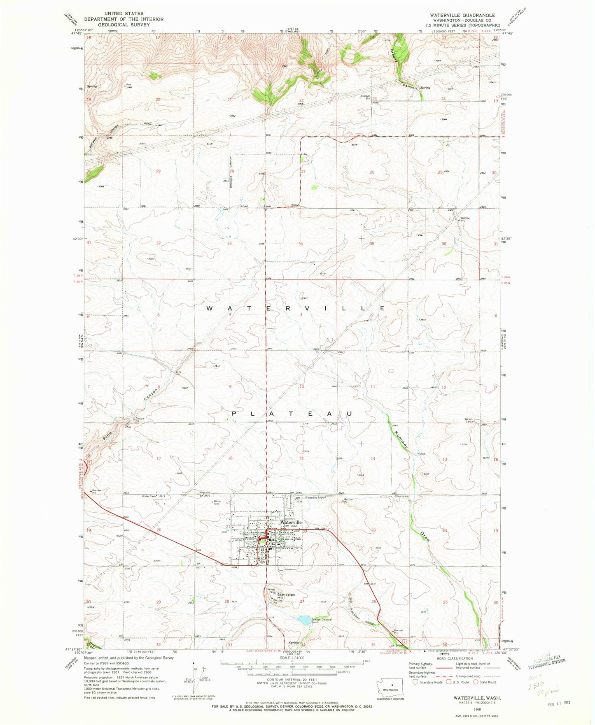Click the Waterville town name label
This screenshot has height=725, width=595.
point(291,522)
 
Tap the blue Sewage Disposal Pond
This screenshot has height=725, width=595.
point(304,620)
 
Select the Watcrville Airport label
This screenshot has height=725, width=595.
point(315,497)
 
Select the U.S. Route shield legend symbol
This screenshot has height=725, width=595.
point(447,682)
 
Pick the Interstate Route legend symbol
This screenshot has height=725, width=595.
point(415,682)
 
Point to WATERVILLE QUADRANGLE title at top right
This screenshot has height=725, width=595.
point(462,15)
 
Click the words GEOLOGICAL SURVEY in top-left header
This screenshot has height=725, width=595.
point(124,25)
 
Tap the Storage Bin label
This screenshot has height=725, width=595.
point(366,97)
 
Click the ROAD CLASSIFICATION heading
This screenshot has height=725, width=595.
point(455,658)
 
